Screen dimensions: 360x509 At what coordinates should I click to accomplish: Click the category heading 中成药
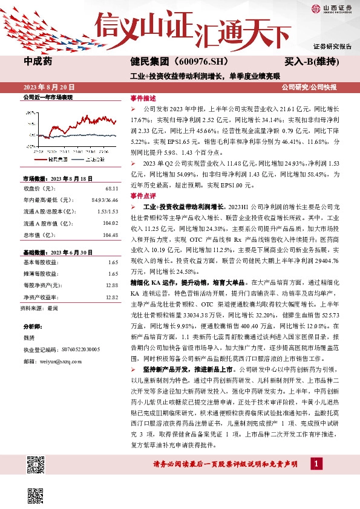click(x=38, y=62)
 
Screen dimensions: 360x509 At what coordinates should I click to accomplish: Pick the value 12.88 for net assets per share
click(x=111, y=285)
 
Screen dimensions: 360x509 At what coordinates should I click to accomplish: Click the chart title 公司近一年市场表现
click(x=48, y=97)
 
